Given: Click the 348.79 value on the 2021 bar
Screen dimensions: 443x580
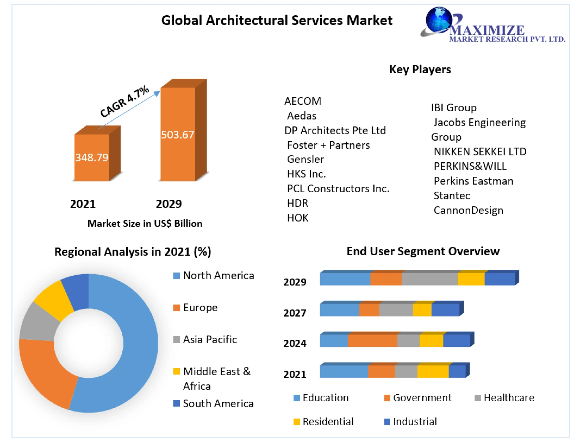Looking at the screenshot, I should click(x=92, y=157).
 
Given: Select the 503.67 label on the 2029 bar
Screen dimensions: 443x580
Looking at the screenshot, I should click(x=177, y=135).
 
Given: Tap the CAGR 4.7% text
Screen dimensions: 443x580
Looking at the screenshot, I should click(x=124, y=101).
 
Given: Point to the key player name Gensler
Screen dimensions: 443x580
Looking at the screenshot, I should click(x=305, y=159).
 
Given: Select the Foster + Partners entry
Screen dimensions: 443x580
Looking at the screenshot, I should click(x=328, y=145).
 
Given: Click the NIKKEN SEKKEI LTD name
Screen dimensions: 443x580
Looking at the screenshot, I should click(x=480, y=151).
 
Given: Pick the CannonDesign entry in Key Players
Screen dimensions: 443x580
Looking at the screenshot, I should click(x=468, y=210).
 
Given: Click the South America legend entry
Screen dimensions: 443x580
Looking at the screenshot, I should click(x=217, y=403).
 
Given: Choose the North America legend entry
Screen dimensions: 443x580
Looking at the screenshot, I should click(x=218, y=276).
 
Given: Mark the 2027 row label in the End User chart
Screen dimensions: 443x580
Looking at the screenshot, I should click(x=295, y=313).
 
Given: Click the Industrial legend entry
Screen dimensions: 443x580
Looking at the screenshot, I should click(x=414, y=422).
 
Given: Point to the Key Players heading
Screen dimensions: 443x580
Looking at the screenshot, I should click(x=420, y=69).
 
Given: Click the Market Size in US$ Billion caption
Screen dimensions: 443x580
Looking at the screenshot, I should click(x=145, y=224).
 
